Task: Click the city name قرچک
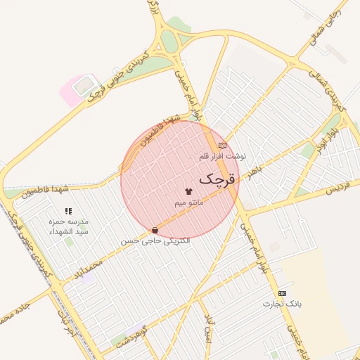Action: [x=215, y=179]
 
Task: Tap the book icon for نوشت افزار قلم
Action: [x=223, y=146]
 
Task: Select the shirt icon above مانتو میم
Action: [x=188, y=191]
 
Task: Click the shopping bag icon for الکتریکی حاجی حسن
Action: [x=155, y=230]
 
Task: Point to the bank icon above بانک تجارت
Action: [x=283, y=293]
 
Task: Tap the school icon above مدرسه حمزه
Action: [x=68, y=211]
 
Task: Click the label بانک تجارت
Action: [x=282, y=304]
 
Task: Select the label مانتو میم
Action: [x=189, y=202]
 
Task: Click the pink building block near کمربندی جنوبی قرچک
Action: [x=77, y=90]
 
